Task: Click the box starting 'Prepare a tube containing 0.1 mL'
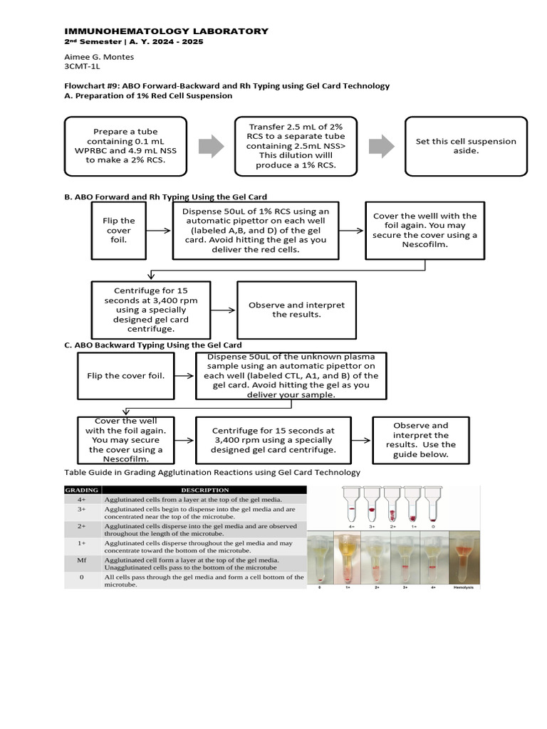(x=125, y=146)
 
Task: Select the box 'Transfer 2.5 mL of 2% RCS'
(x=296, y=146)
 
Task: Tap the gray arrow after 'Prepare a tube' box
(x=210, y=146)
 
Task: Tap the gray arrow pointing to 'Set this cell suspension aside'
(x=381, y=146)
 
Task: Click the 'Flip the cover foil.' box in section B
(x=119, y=230)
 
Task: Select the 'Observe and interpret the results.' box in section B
(x=296, y=310)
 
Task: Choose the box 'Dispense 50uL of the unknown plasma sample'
(x=291, y=375)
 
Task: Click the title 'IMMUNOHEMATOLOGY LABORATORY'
(x=167, y=31)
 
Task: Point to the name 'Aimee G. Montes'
(x=99, y=57)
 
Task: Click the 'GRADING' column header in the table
(x=83, y=490)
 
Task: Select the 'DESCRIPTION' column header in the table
(x=204, y=490)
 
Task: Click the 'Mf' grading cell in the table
(x=82, y=560)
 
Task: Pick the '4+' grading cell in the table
(x=82, y=500)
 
